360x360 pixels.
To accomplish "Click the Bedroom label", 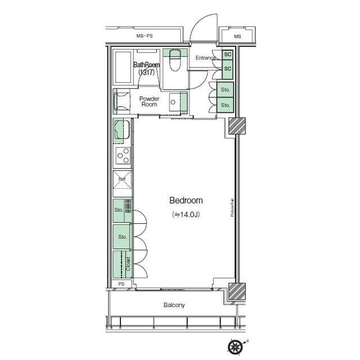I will [186, 200].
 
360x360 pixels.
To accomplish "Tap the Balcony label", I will [174, 305].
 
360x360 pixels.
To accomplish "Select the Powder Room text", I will [149, 101].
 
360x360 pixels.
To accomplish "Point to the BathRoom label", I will [146, 65].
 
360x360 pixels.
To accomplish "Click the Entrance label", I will [206, 58].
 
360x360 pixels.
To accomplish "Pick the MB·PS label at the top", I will [145, 37].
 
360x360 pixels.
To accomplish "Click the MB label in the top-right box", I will [237, 37].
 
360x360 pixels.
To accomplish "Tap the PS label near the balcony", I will [121, 284].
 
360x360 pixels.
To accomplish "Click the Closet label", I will [128, 263].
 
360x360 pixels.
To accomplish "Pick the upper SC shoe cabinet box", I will [227, 55].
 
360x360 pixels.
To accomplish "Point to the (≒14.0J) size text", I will [186, 214].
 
